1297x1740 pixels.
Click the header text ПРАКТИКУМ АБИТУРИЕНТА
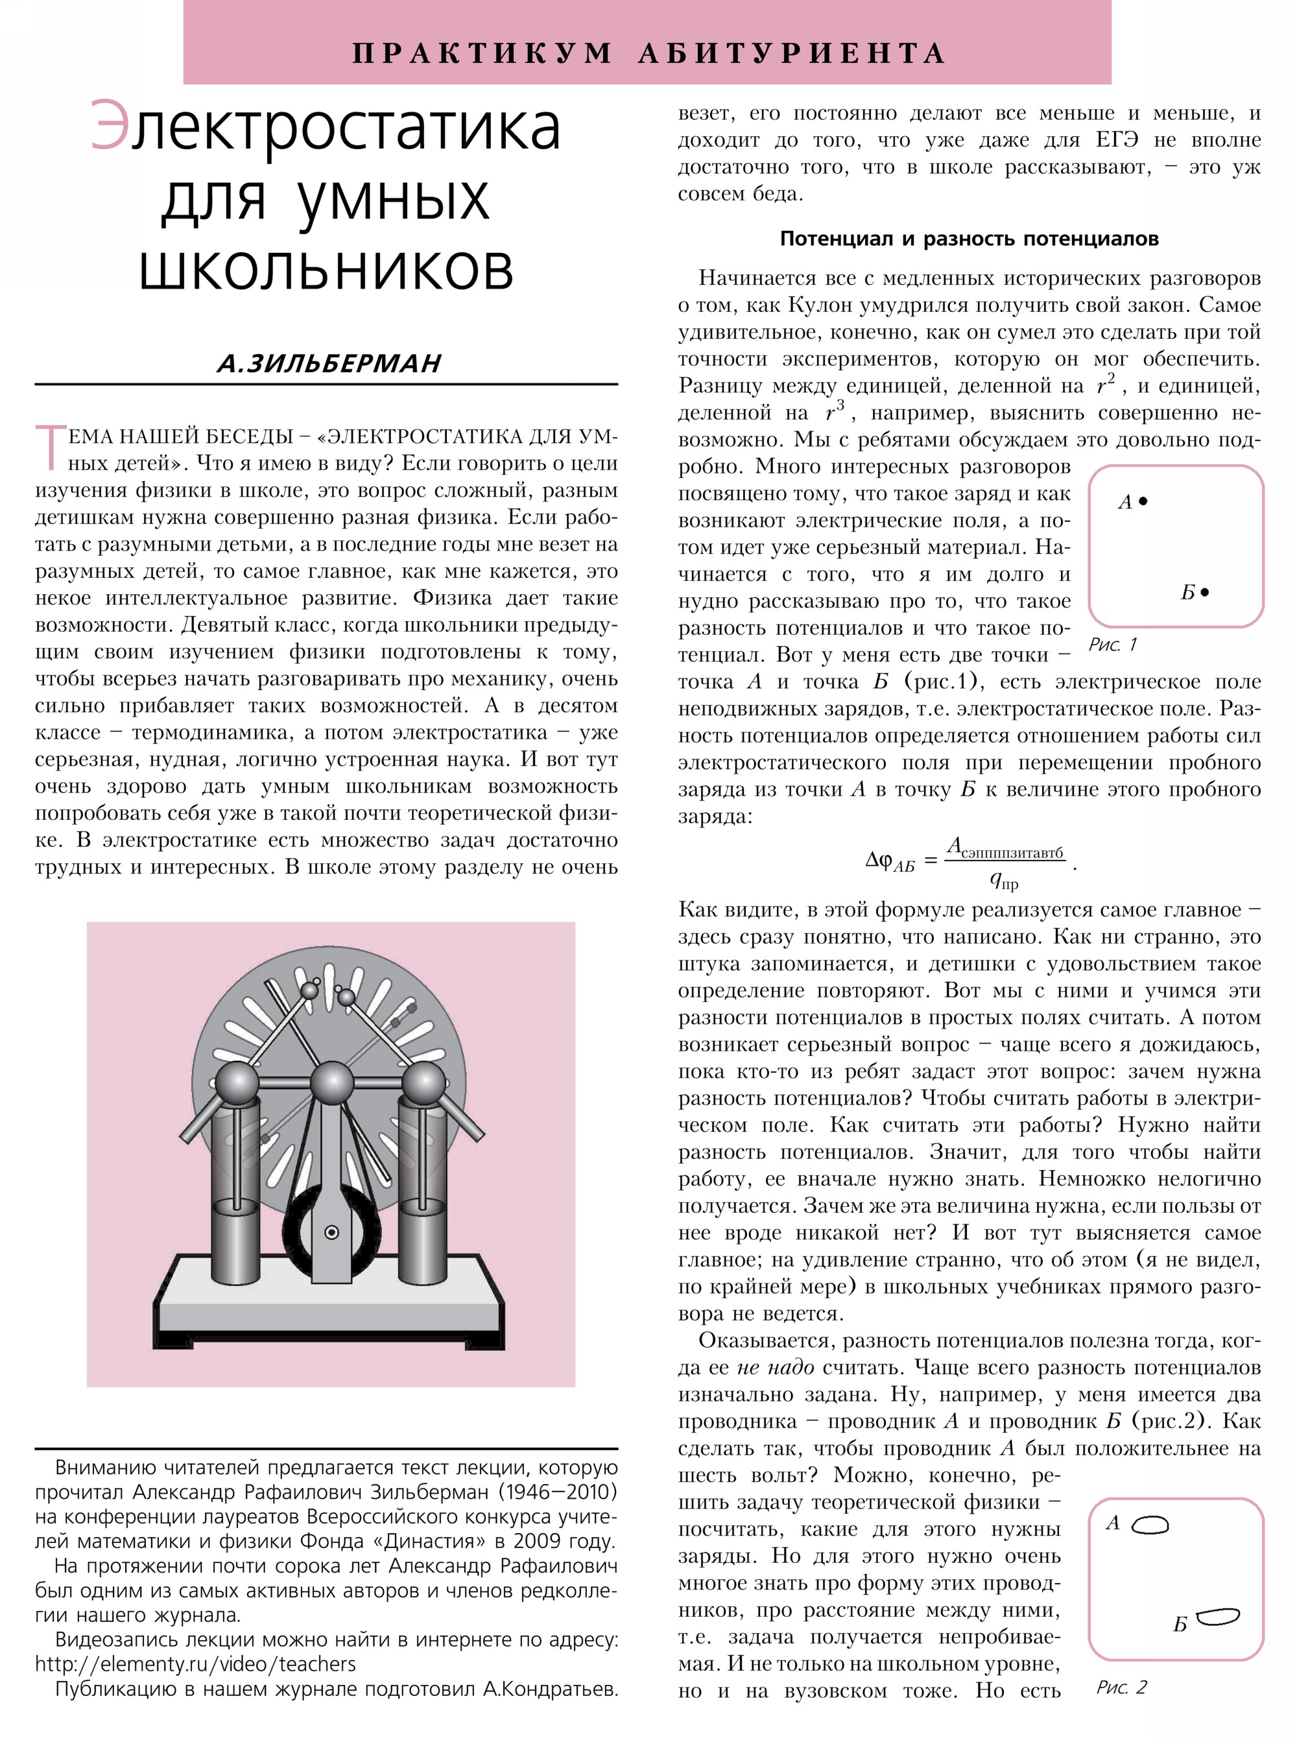click(x=648, y=53)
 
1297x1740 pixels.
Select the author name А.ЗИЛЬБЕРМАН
click(x=329, y=364)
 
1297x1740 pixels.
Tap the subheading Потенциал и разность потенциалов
click(x=969, y=239)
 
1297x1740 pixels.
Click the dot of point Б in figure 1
click(x=1205, y=592)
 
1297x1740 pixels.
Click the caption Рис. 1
click(x=1112, y=645)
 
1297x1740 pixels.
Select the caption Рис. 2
click(x=1121, y=1687)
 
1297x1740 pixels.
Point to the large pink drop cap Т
click(x=50, y=447)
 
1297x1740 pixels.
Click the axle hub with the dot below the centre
click(x=332, y=1232)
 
